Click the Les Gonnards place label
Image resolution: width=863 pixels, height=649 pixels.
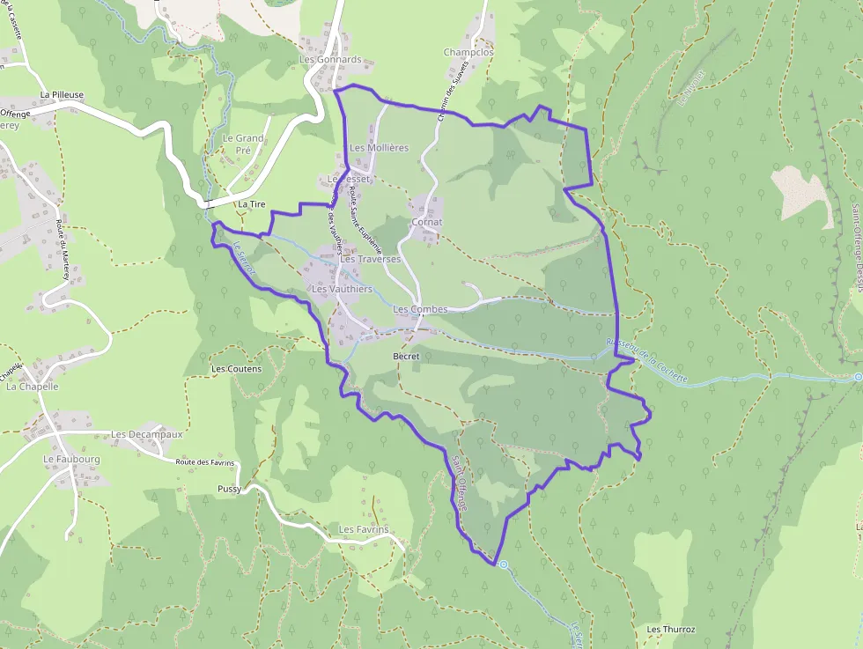point(330,60)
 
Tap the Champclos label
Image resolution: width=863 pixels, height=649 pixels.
point(468,53)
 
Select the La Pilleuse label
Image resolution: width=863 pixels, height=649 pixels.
point(62,94)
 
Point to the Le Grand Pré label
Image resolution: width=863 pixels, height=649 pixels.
point(242,144)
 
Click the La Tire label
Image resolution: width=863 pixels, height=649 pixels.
point(251,204)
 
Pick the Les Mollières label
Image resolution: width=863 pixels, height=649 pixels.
point(380,148)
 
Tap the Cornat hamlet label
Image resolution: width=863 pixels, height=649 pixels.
point(427,222)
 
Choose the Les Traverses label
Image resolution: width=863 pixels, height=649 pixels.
point(370,260)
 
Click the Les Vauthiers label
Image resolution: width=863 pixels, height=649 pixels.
point(342,289)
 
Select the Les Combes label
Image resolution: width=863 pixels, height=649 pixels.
point(420,309)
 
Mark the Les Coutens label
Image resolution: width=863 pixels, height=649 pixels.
point(237,369)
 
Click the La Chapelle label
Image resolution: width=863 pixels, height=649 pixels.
point(33,386)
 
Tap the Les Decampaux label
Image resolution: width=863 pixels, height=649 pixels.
point(147,434)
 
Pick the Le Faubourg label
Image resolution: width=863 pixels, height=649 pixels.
point(71,460)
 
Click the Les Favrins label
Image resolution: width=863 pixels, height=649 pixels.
point(364,529)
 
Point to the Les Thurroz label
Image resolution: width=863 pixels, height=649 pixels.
point(671,630)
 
